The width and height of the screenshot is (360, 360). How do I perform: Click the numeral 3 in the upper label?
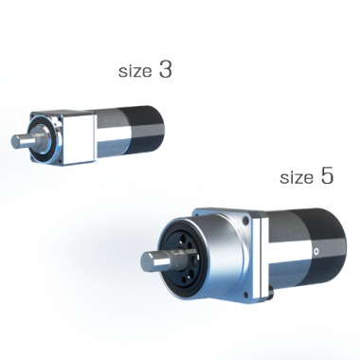166,69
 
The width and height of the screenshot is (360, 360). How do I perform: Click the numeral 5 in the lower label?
327,175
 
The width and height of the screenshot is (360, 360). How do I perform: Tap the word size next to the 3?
135,71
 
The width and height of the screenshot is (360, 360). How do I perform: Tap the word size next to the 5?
297,178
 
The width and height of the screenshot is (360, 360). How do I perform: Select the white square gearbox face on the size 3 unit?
79,138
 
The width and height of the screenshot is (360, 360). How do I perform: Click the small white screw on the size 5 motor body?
316,252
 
